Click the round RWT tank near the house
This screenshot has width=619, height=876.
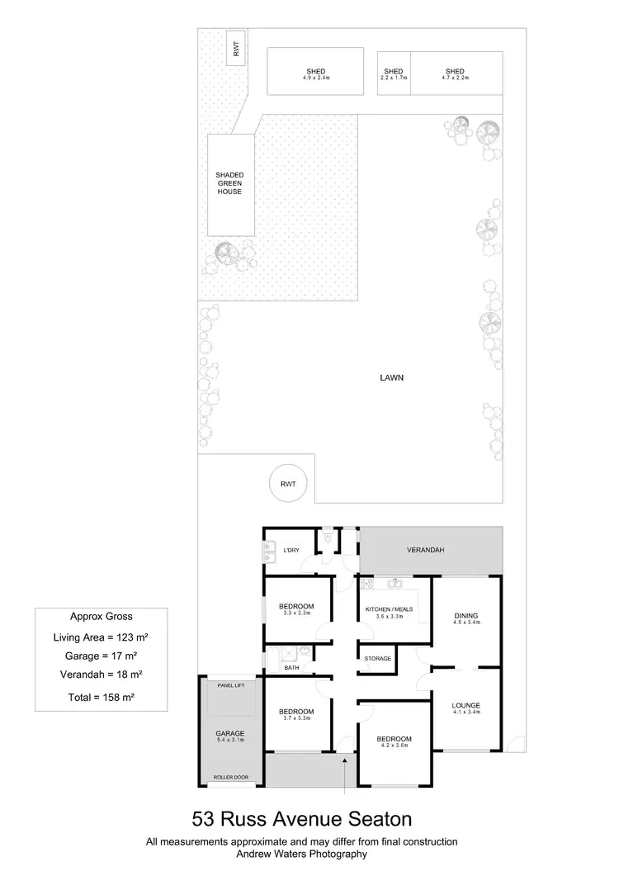point(288,485)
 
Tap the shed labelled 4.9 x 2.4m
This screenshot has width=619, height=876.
point(315,73)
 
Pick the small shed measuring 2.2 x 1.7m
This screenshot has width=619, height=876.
point(394,73)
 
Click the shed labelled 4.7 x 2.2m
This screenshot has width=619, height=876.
point(455,73)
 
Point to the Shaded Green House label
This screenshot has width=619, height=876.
point(229,183)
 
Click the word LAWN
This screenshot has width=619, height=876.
point(391,379)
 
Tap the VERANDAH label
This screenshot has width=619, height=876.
point(426,549)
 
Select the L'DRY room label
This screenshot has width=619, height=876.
point(291,550)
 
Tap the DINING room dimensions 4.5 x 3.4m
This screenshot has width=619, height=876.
point(466,623)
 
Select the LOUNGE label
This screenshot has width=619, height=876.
point(466,705)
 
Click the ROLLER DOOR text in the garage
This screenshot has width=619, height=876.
point(229,777)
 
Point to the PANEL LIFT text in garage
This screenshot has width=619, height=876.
point(229,685)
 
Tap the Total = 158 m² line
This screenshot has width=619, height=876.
point(101,698)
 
